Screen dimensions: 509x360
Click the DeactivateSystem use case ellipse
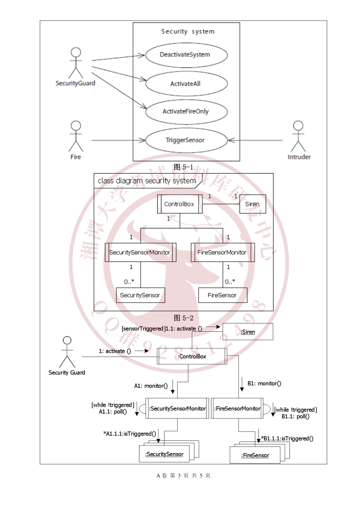pos(186,55)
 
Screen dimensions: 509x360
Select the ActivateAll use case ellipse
pos(186,84)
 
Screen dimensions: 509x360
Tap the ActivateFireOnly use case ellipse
pos(186,111)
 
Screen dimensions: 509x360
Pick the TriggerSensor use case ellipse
pos(186,140)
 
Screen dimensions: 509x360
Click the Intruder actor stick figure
pos(298,136)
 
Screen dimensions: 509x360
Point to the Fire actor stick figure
pos(76,136)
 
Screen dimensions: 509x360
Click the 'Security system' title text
pos(188,31)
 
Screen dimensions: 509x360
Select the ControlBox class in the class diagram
pos(180,204)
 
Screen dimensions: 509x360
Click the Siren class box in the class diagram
pos(252,204)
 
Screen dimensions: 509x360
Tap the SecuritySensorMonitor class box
pos(140,252)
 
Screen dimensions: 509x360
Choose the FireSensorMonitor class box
pos(222,252)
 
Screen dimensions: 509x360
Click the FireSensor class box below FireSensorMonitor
pos(222,295)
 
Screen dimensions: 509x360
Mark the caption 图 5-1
pos(183,167)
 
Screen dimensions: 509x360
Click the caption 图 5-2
pos(183,318)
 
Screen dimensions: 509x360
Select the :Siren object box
pos(247,332)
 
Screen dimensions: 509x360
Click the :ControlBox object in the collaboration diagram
pos(192,356)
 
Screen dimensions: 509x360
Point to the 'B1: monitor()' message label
pos(264,383)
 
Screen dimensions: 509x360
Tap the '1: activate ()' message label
pos(115,351)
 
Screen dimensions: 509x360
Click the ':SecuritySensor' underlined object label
pos(164,454)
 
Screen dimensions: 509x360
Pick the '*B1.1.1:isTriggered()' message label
pos(287,439)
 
